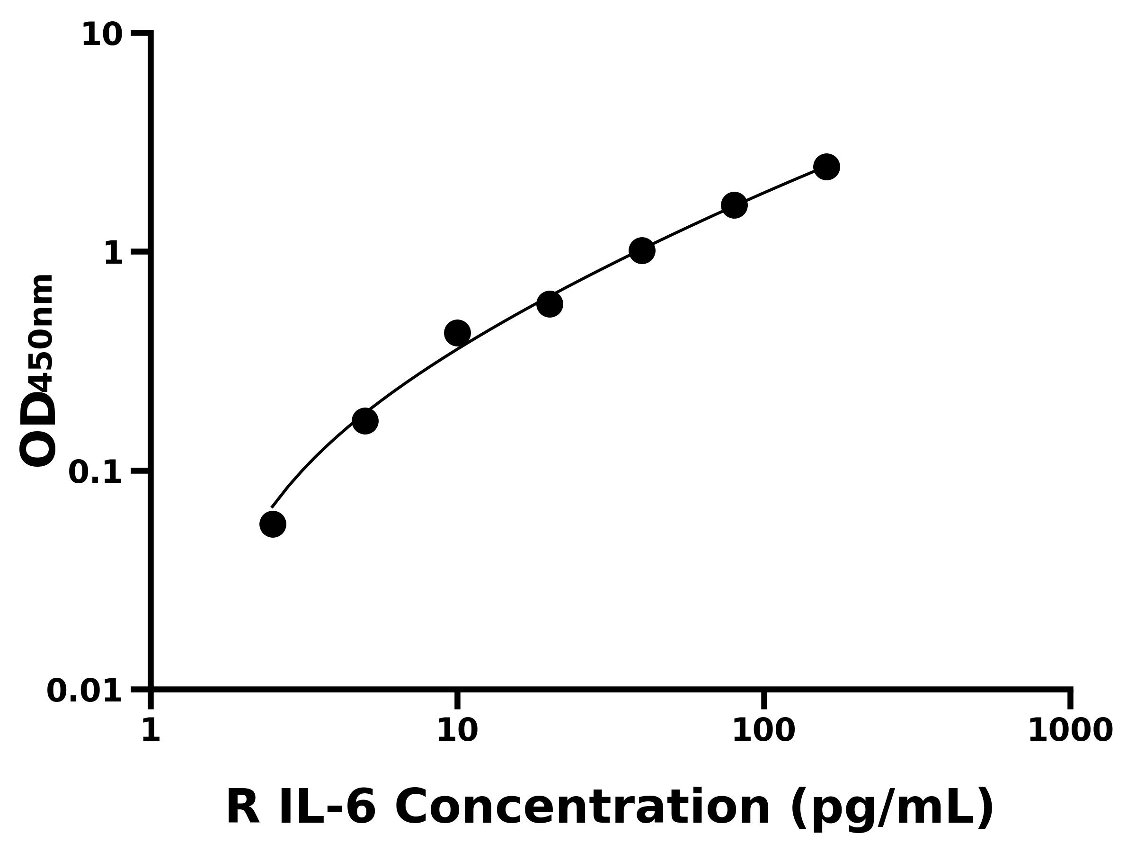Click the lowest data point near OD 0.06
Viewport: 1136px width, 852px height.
pyautogui.click(x=273, y=524)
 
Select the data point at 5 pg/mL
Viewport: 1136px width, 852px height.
pyautogui.click(x=365, y=421)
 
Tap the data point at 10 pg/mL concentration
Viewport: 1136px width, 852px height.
pyautogui.click(x=457, y=333)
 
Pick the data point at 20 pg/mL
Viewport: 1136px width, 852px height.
pyautogui.click(x=550, y=304)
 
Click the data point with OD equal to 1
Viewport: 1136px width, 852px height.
pyautogui.click(x=642, y=250)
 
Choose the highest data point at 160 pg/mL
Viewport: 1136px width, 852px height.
pyautogui.click(x=827, y=167)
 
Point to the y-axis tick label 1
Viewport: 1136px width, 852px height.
pyautogui.click(x=114, y=254)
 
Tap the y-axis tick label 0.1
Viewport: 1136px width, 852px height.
pyautogui.click(x=96, y=472)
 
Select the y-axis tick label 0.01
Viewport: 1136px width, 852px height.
pyautogui.click(x=85, y=691)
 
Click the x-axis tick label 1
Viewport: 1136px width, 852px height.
pyautogui.click(x=151, y=730)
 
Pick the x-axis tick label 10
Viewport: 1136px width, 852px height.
pyautogui.click(x=457, y=730)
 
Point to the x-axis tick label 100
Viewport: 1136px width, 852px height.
pyautogui.click(x=763, y=730)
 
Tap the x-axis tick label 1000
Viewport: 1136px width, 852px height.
pyautogui.click(x=1070, y=730)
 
